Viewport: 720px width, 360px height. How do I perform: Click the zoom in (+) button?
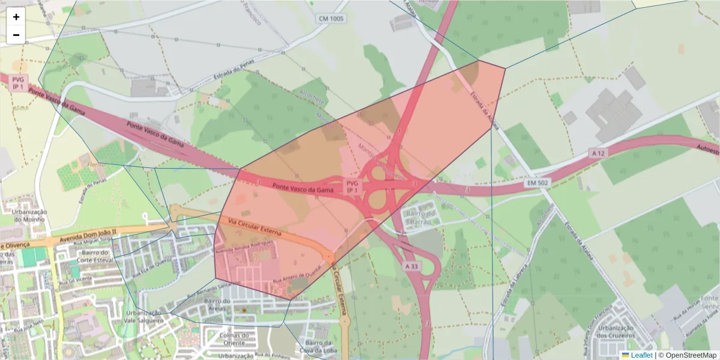16,17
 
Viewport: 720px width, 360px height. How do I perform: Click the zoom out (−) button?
16,35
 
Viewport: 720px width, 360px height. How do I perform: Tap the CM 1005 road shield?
331,19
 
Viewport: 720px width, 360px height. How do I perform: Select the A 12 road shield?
597,153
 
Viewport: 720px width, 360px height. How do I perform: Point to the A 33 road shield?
412,266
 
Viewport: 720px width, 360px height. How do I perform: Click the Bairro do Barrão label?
420,217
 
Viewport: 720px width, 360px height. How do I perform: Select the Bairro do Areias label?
218,304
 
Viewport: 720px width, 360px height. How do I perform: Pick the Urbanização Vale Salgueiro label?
143,316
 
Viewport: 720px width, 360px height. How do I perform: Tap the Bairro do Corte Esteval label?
92,257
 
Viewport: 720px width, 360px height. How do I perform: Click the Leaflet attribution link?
641,355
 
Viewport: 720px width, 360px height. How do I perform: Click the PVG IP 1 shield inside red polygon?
352,186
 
